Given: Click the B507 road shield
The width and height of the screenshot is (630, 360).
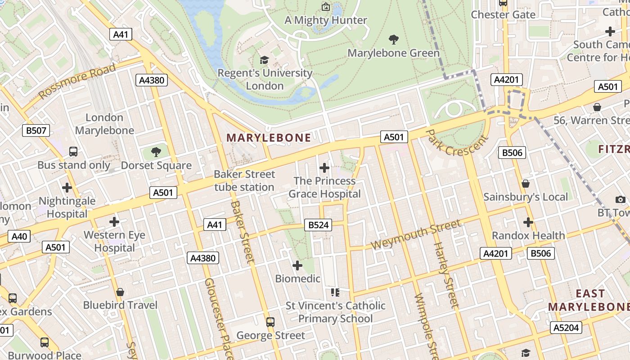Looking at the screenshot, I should [36, 130].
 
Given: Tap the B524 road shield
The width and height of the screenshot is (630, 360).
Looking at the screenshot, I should [319, 225].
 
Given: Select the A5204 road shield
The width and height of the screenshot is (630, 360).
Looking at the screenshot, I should [566, 328].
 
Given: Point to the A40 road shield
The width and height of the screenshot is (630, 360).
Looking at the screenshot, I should [19, 236].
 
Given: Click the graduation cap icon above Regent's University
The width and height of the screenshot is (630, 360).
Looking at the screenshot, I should [264, 60].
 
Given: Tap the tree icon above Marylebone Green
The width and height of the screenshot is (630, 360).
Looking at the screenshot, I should [393, 40].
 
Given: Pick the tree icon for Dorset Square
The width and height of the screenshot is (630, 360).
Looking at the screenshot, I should [156, 152].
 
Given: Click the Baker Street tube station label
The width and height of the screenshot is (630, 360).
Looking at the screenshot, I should [244, 180].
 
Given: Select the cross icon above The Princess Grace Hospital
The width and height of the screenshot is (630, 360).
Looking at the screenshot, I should [324, 168].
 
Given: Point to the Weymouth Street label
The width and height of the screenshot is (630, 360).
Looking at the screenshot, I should [416, 235].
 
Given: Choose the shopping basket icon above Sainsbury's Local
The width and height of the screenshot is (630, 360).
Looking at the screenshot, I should [525, 184].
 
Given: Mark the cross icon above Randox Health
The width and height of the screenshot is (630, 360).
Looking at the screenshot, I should [528, 222].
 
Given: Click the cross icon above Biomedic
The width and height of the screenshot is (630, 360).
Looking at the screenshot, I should [297, 265].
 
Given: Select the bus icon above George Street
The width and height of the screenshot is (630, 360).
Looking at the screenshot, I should [270, 322].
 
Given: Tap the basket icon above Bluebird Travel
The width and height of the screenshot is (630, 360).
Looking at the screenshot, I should [120, 292].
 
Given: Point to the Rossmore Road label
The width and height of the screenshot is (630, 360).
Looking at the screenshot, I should [77, 81].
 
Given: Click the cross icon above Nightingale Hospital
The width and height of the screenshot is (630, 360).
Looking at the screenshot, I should [67, 187].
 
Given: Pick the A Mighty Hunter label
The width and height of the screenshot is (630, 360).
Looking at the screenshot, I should [326, 20].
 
